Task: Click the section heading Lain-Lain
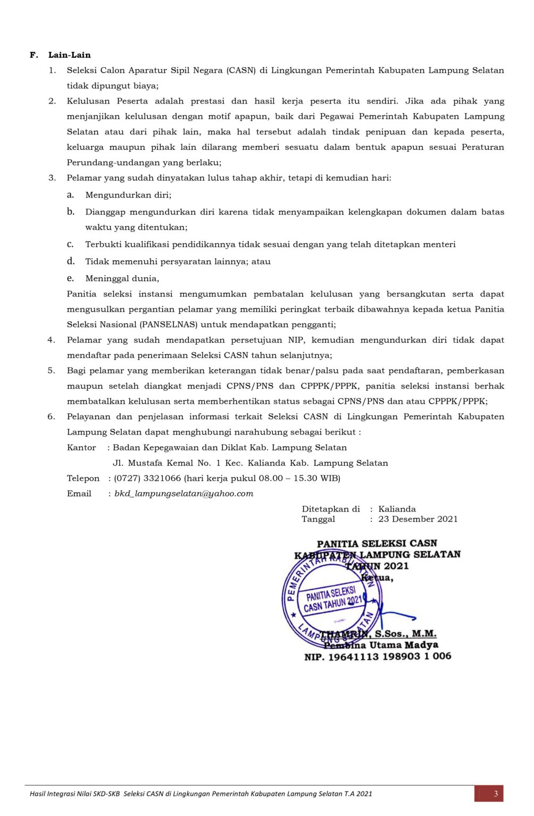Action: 69,55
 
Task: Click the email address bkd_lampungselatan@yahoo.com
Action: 183,494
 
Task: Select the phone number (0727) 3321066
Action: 147,478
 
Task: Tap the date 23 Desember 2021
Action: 418,519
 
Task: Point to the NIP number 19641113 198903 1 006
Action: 389,657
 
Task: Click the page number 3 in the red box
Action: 496,794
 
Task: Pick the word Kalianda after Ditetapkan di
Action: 397,509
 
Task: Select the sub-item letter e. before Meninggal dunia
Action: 70,278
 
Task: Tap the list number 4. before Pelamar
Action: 51,340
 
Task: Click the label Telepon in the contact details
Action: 83,478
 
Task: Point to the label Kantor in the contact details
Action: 81,447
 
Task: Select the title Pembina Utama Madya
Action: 381,645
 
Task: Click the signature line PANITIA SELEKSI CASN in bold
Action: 377,543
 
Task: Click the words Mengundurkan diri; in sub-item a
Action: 128,195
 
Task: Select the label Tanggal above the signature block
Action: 318,519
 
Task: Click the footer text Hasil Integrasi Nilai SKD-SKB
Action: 76,794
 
